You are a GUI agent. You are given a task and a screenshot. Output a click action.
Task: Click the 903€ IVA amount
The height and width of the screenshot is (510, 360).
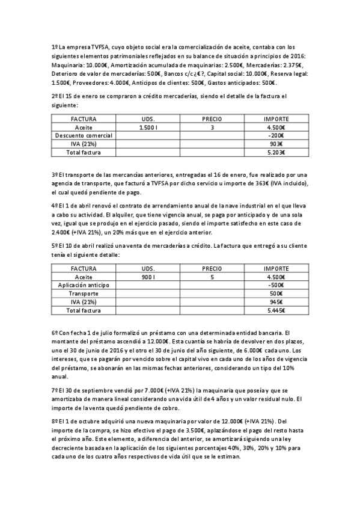276,145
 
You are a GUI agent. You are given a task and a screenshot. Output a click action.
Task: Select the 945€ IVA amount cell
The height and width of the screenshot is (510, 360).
276,303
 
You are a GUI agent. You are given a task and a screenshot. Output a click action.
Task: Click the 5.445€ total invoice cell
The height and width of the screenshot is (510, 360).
276,311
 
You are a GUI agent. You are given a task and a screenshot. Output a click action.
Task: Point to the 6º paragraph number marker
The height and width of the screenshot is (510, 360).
54,333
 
